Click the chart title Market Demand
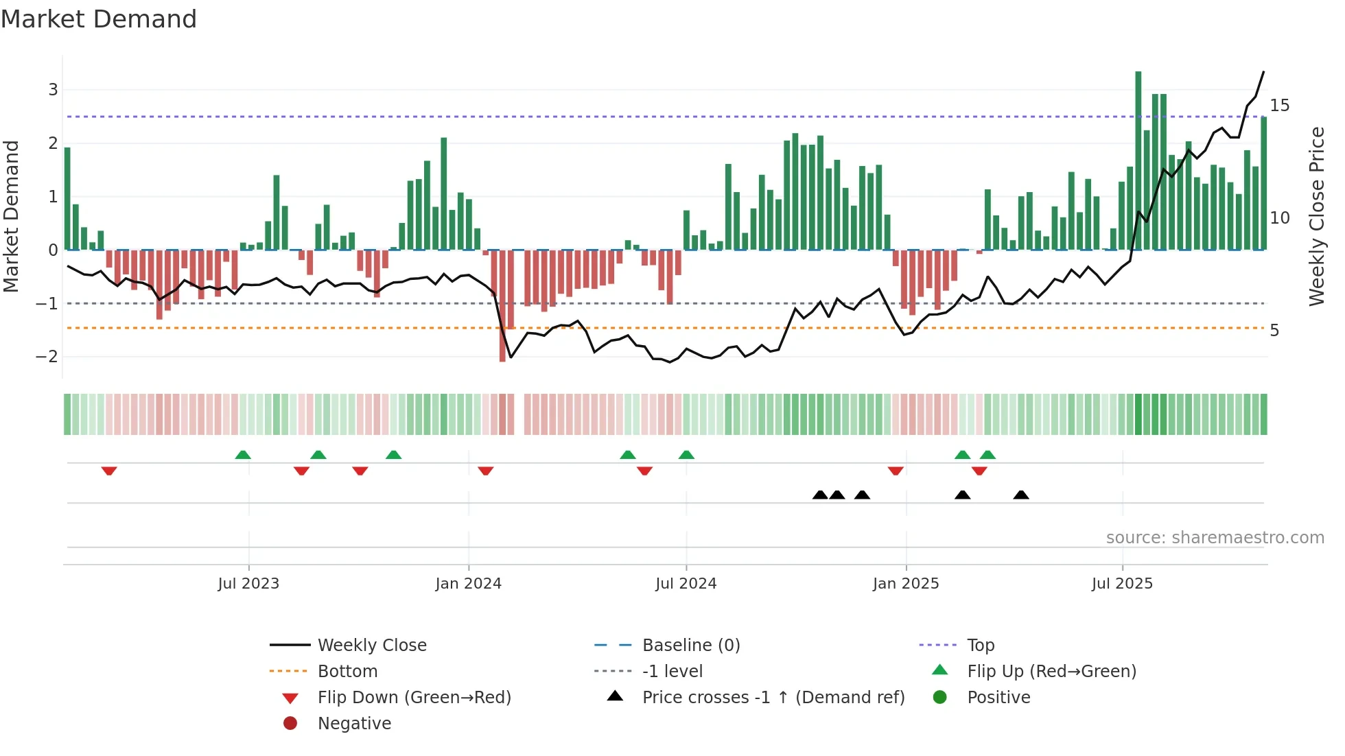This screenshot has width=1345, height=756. (99, 19)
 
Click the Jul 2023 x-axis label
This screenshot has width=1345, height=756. (248, 584)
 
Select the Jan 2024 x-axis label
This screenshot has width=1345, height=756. (469, 584)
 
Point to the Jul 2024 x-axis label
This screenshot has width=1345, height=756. (686, 584)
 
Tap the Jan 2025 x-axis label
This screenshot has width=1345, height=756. (906, 584)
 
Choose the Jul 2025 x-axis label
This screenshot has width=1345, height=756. (1123, 584)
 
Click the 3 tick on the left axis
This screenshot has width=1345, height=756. (53, 90)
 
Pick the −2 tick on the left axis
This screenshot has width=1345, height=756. (47, 357)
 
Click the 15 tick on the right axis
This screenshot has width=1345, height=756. (1279, 106)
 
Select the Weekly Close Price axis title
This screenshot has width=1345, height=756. (1316, 216)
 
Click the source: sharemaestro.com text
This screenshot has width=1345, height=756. (1215, 538)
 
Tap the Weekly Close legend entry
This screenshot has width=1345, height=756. (372, 646)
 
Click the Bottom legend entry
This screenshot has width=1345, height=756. (347, 672)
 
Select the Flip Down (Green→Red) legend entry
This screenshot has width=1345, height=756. (414, 698)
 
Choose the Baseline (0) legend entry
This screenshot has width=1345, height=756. (691, 646)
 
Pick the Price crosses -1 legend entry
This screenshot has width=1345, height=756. (773, 698)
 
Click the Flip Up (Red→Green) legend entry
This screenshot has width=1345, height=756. (1051, 672)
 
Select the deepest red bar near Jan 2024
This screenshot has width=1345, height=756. (502, 305)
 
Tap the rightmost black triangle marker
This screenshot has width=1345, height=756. (1021, 495)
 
